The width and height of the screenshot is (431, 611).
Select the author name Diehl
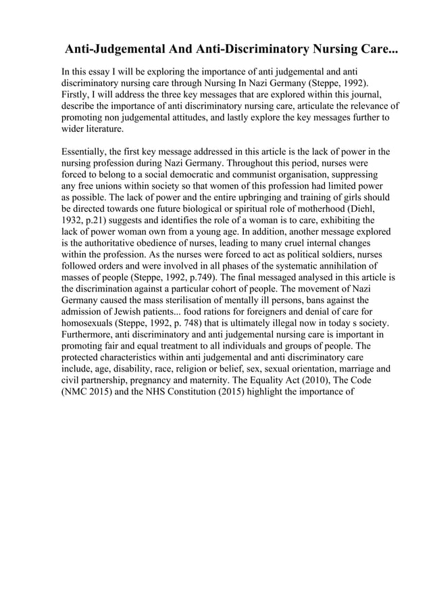(359, 209)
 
